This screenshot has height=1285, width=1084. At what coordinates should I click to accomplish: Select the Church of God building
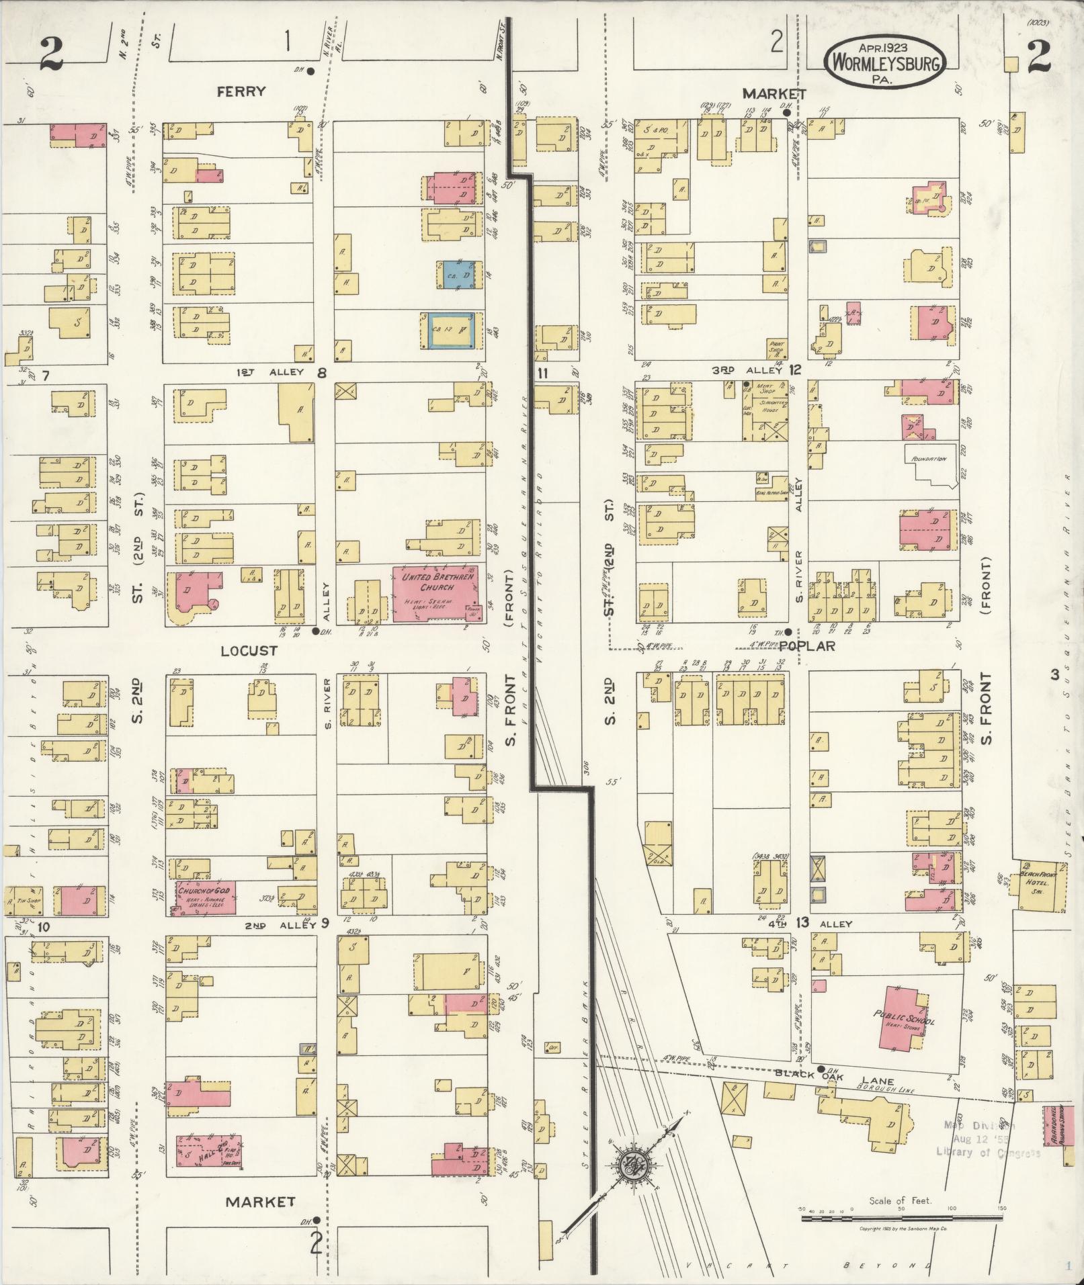click(205, 897)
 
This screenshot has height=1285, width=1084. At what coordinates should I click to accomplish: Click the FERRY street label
click(241, 91)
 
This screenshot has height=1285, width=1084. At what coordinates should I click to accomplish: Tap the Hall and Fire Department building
click(208, 1151)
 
